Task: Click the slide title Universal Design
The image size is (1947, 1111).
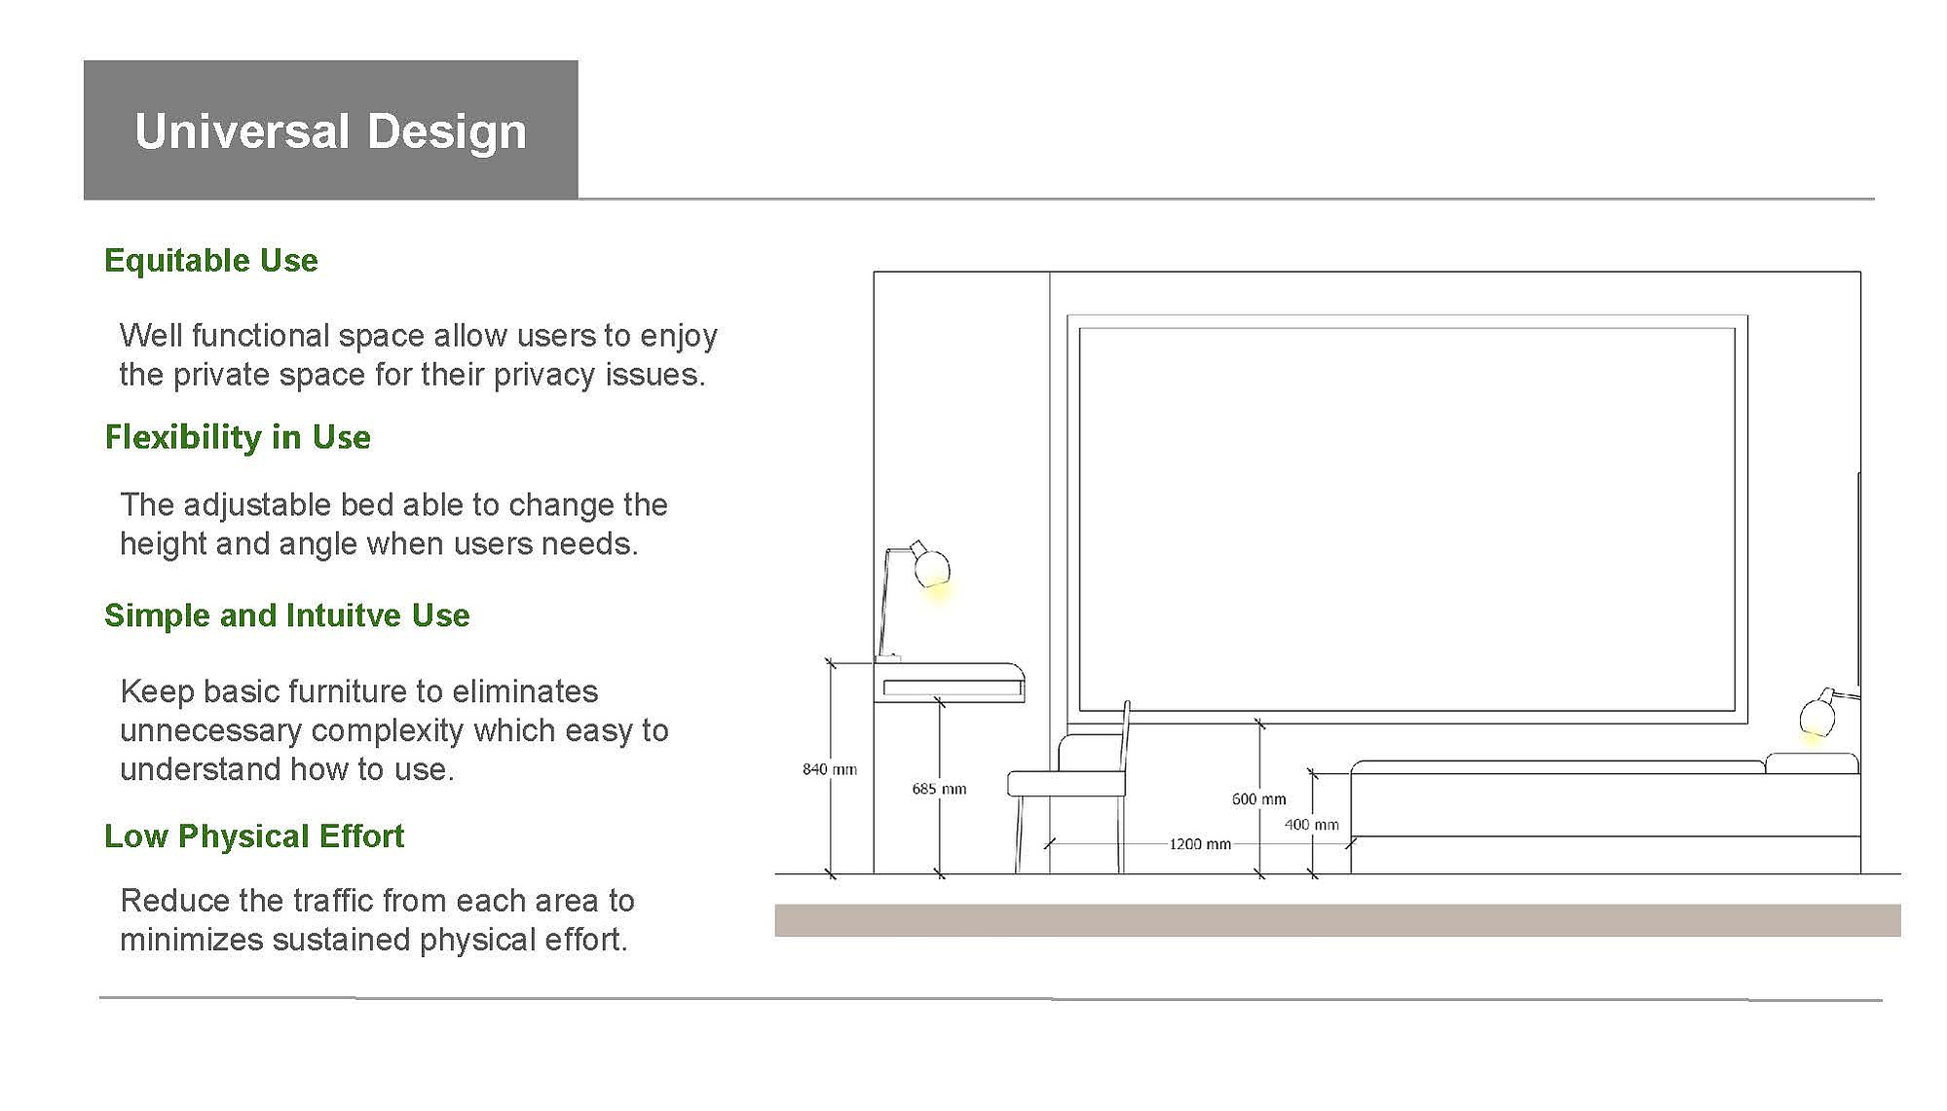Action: pos(330,131)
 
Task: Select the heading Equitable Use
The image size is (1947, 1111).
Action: pos(211,260)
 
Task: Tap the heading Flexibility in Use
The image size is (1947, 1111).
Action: pos(238,437)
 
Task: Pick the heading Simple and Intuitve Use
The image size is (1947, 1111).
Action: pos(287,615)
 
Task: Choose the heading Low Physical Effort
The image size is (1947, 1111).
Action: pos(254,835)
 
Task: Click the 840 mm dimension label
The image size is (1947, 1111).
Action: pos(830,769)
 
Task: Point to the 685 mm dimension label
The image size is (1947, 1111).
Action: pos(939,789)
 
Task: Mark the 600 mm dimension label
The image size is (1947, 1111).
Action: pos(1258,799)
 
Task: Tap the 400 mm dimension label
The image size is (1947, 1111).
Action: pos(1311,825)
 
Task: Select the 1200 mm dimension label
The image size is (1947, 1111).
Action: pos(1200,844)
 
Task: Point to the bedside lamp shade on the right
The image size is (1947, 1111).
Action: pos(1817,716)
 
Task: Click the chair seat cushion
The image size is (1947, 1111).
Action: pos(1067,783)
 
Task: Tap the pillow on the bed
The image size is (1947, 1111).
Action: pos(1812,763)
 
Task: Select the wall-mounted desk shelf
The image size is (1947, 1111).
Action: pos(949,683)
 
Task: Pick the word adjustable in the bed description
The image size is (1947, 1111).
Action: pos(257,505)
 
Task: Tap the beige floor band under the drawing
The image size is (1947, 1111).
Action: pos(1337,920)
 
